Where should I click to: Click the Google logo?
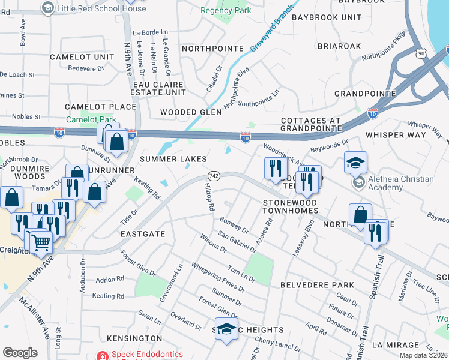click(x=20, y=353)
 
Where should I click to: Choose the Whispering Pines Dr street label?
click(x=218, y=276)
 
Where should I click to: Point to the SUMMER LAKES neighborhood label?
click(x=173, y=159)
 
